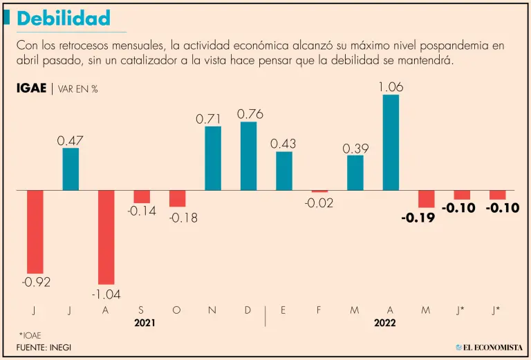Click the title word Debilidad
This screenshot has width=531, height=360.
pos(64,18)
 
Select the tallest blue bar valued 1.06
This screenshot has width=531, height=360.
pos(391,142)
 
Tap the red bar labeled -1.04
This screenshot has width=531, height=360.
pos(106,236)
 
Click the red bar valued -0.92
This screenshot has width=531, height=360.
pos(35,231)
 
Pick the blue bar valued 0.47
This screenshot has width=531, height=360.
pos(71,169)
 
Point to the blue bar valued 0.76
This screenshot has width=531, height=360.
pos(248,155)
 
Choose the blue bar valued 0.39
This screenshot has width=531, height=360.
pos(355,173)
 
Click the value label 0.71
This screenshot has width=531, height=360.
pos(212,119)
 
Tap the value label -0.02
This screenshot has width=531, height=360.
pos(319,203)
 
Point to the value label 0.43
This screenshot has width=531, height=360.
pos(283,143)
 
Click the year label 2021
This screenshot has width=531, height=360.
pos(145,323)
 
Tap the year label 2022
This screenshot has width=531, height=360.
pos(384,323)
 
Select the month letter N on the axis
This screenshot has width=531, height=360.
pos(212,310)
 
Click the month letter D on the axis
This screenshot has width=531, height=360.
pos(248,310)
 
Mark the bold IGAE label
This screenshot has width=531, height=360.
pos(30,88)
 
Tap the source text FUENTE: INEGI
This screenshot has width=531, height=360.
pos(44,347)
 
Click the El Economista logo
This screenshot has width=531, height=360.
pos(488,347)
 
